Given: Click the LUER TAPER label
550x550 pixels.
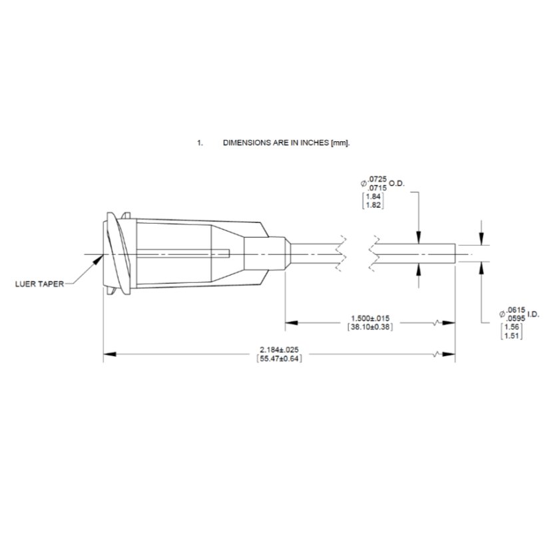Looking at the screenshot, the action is click(x=40, y=284).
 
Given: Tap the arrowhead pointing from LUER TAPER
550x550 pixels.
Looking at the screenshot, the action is click(x=99, y=259).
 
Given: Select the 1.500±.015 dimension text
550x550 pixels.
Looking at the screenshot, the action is click(x=370, y=318).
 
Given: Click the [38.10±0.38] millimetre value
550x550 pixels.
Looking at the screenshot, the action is click(x=370, y=327).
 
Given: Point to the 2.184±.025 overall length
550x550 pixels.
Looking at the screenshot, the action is click(x=279, y=350).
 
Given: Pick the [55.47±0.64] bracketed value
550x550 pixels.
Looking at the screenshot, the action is click(x=279, y=358).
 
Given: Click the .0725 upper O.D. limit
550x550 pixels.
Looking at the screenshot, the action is click(x=378, y=180).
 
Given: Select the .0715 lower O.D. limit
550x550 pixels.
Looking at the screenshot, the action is click(x=378, y=188).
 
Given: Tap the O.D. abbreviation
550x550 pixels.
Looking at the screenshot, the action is click(x=397, y=184).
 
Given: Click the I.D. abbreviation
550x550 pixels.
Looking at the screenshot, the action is click(x=533, y=314).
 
